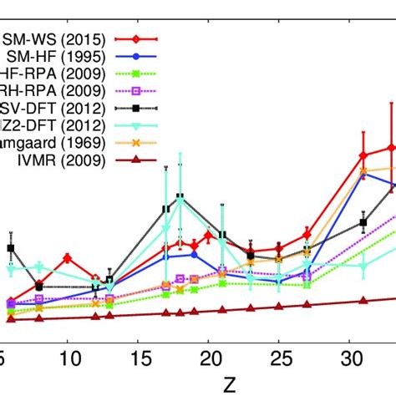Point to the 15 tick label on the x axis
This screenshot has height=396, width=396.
click(x=143, y=358)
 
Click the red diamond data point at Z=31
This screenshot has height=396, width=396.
click(x=363, y=155)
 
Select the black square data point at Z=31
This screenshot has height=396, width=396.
click(x=363, y=222)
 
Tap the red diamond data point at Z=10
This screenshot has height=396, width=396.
click(x=68, y=258)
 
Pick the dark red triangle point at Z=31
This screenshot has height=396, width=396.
click(x=363, y=301)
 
